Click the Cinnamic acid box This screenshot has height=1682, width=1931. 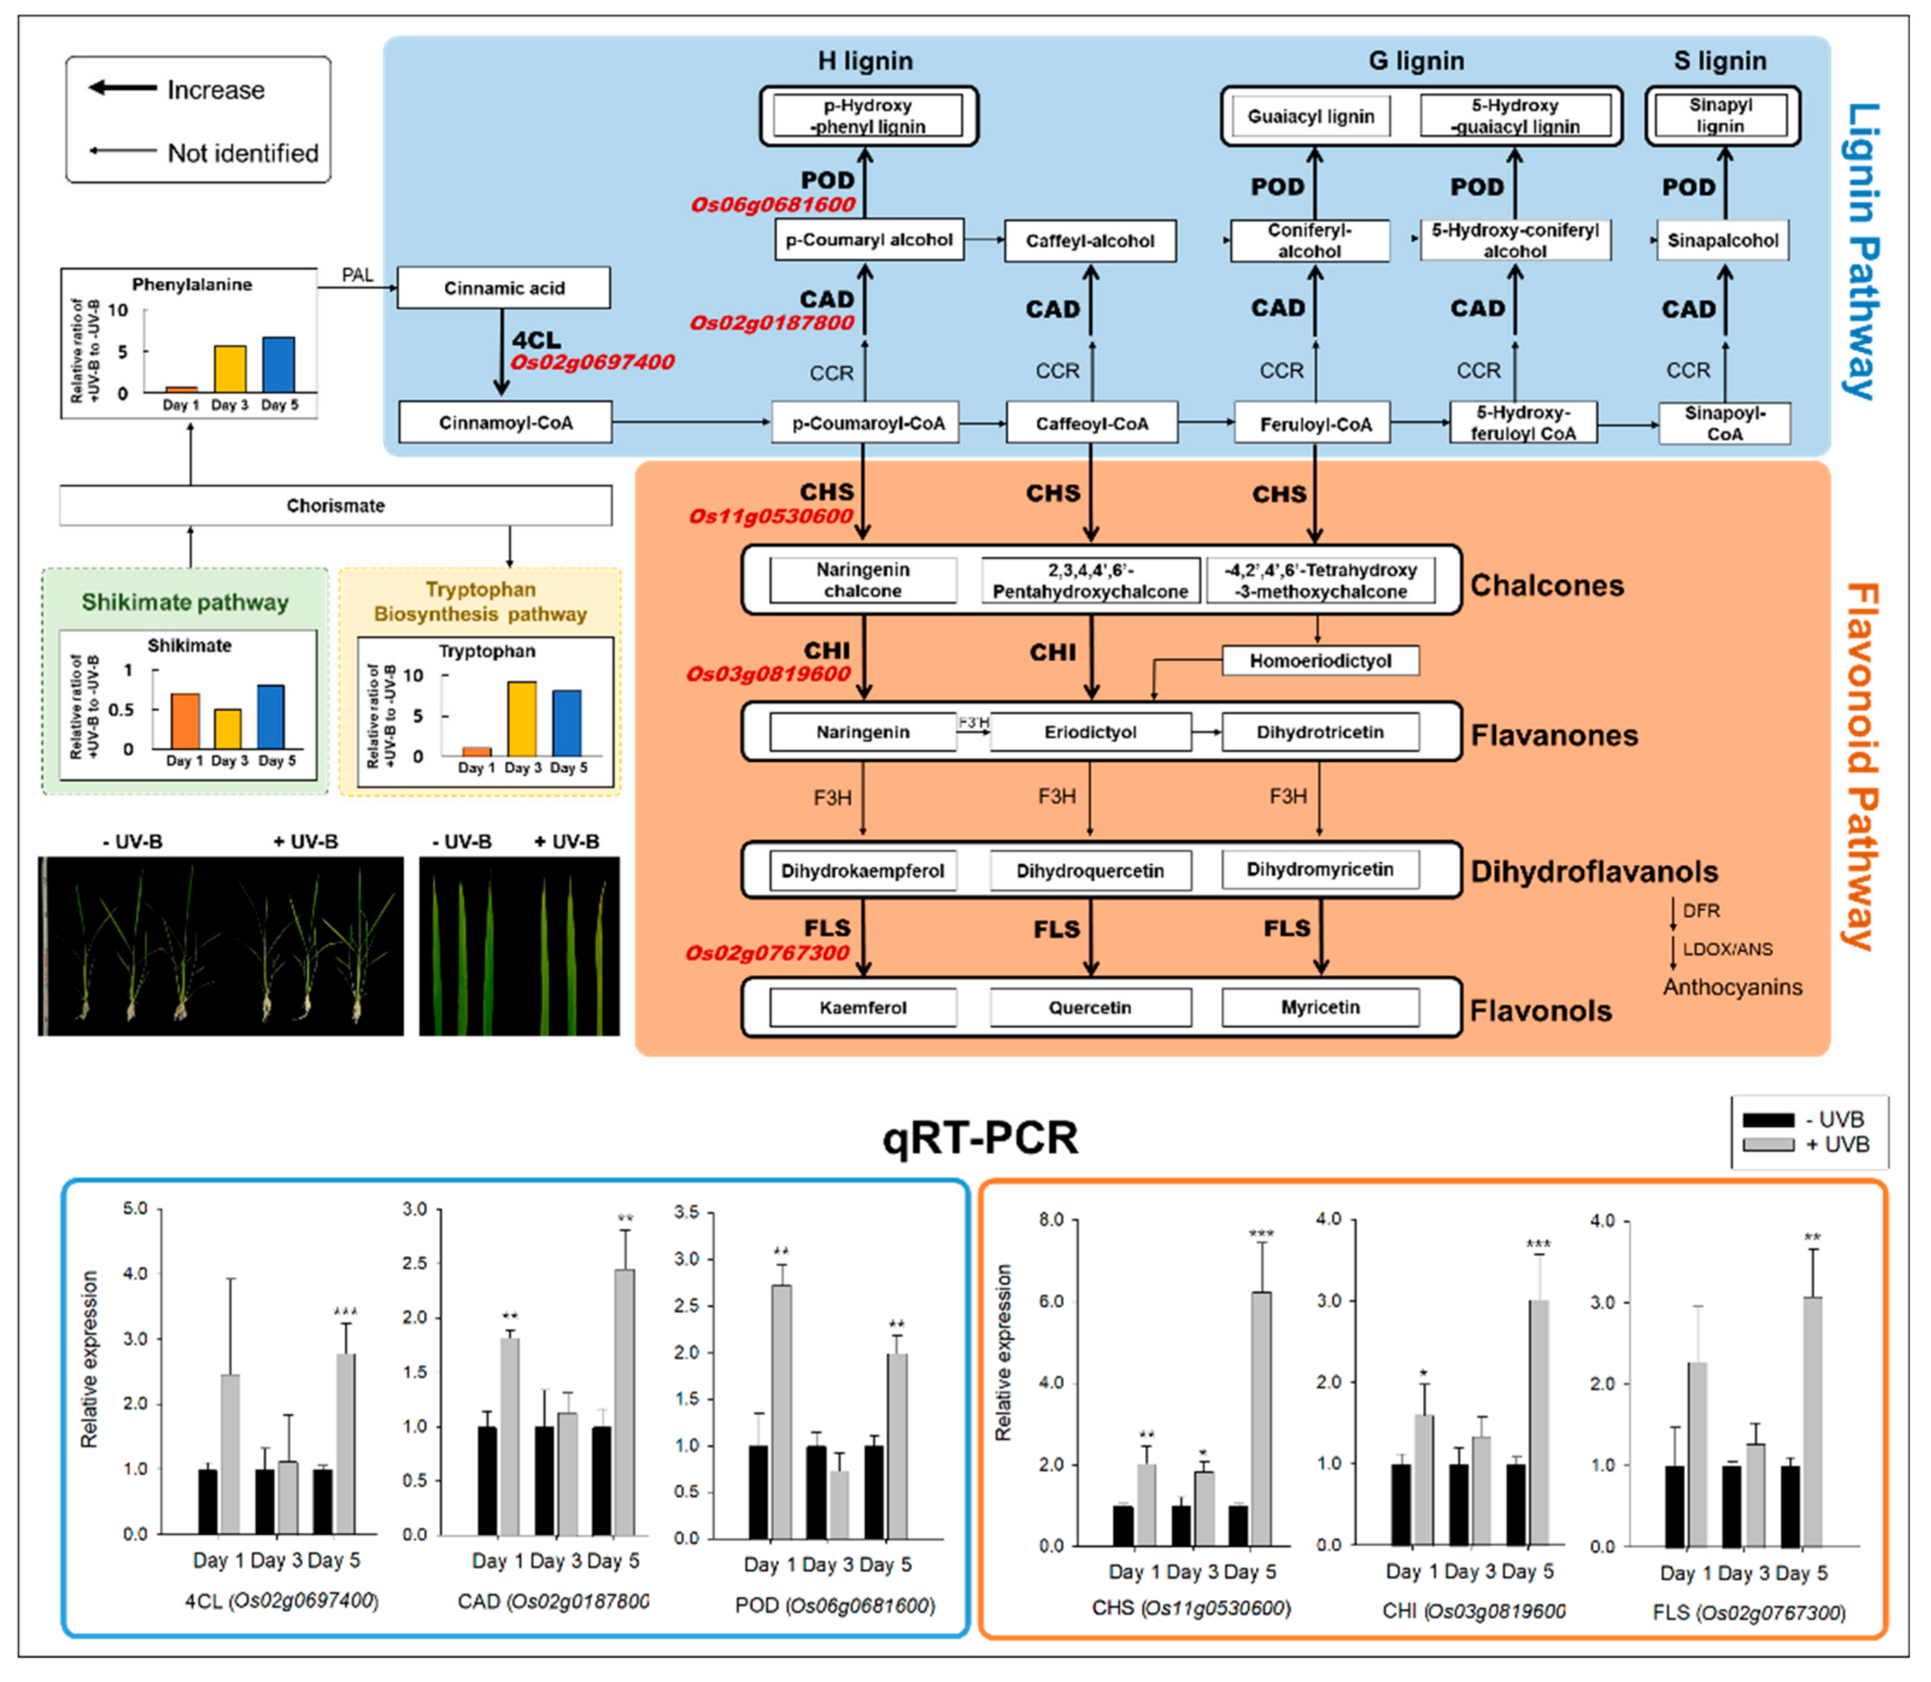[x=504, y=287]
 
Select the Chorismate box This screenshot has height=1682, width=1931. [x=335, y=506]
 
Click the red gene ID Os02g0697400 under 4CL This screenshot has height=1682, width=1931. [x=592, y=362]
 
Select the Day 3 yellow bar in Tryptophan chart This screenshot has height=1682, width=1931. [x=522, y=718]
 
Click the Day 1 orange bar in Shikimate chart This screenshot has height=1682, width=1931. [x=185, y=721]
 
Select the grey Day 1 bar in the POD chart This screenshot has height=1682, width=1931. [x=781, y=1411]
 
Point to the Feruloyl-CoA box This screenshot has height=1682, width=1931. [x=1316, y=424]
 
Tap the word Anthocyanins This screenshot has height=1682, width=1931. [x=1732, y=988]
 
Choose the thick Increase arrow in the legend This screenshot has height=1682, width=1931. [x=123, y=88]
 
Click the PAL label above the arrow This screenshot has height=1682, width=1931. [x=357, y=275]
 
